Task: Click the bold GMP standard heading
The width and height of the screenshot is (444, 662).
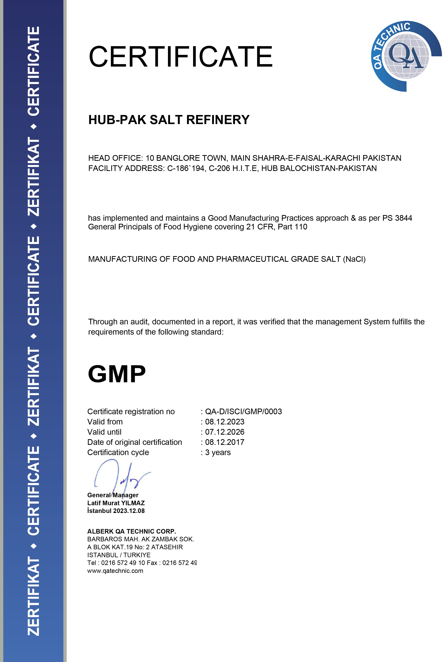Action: pos(117,374)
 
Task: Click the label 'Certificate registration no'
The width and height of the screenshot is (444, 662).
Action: pos(131,412)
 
